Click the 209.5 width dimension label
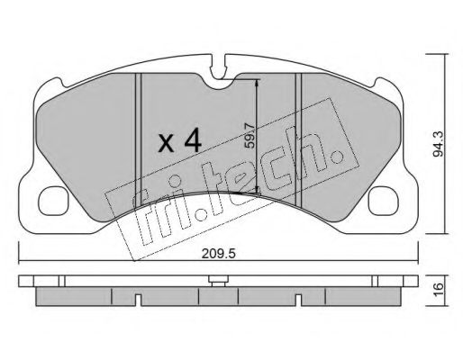coord(219,254)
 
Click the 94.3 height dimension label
coord(438,144)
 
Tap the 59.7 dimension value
coord(250,136)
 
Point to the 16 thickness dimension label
coord(438,290)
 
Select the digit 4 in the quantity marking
coord(193,139)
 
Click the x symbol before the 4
coord(167,143)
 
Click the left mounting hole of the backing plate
coord(53,201)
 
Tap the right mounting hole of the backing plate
coord(384,201)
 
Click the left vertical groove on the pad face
coord(138,139)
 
